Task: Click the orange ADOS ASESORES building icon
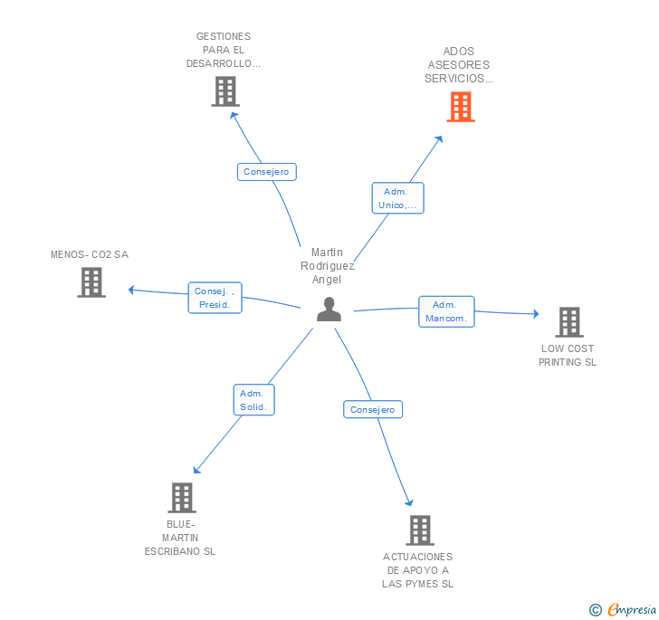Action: [461, 107]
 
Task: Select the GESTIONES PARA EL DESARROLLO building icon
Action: [224, 91]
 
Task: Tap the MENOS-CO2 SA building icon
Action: [91, 282]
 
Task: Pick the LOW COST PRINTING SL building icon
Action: [568, 322]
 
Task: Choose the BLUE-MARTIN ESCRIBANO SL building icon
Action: [182, 498]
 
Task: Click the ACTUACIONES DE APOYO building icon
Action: [419, 530]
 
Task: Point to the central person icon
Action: [329, 310]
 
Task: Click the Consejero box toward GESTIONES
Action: [266, 171]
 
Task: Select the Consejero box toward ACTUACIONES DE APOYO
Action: [373, 409]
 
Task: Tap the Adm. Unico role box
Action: [397, 198]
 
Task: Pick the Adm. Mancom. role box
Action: [446, 311]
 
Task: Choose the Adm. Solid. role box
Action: [253, 400]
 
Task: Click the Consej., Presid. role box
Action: [215, 298]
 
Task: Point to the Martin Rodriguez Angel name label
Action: [328, 266]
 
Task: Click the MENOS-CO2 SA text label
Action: [90, 254]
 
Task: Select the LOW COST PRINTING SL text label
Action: [568, 356]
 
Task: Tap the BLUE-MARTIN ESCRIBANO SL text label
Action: [180, 538]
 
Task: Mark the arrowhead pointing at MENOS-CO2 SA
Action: [132, 290]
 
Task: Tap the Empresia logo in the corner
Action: [623, 610]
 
